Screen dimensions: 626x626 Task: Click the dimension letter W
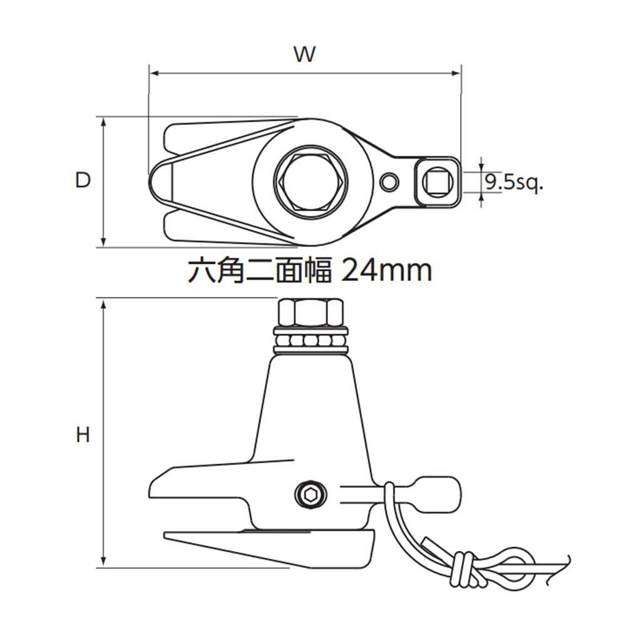click(x=305, y=54)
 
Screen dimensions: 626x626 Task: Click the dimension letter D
click(x=83, y=180)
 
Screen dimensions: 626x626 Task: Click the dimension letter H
click(x=83, y=434)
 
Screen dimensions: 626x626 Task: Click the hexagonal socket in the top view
click(x=311, y=182)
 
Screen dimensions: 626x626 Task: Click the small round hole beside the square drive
click(x=389, y=183)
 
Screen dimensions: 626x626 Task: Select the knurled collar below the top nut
click(x=311, y=341)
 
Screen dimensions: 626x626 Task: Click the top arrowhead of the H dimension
click(x=104, y=303)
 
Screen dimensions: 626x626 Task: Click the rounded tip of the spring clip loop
click(x=153, y=182)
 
